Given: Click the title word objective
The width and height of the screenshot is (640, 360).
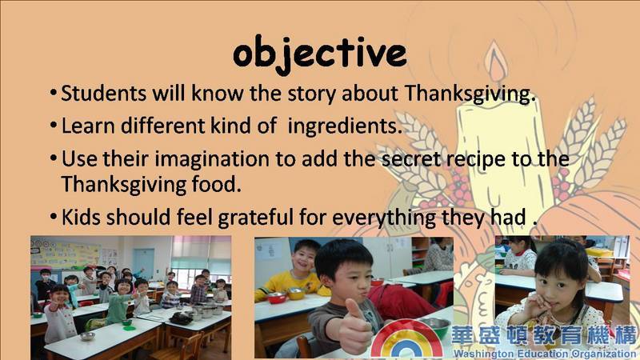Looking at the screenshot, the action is pos(319,54).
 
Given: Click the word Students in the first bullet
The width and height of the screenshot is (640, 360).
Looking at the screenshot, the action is pos(104,93).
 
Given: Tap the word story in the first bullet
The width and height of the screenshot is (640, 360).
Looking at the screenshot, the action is pos(312,94).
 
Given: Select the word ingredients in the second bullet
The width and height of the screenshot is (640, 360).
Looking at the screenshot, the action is pos(345,126).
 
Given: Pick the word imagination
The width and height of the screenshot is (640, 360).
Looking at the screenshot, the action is pos(212,158).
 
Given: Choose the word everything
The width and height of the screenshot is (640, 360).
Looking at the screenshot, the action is pos(384,218).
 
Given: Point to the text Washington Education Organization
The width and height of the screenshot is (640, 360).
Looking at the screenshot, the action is pos(545,354).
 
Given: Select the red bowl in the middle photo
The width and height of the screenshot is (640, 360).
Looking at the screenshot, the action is pos(276,297).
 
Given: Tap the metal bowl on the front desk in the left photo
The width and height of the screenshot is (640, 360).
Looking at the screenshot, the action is pos(87,336).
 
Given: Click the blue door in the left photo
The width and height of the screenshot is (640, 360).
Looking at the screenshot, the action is pos(144,264).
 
